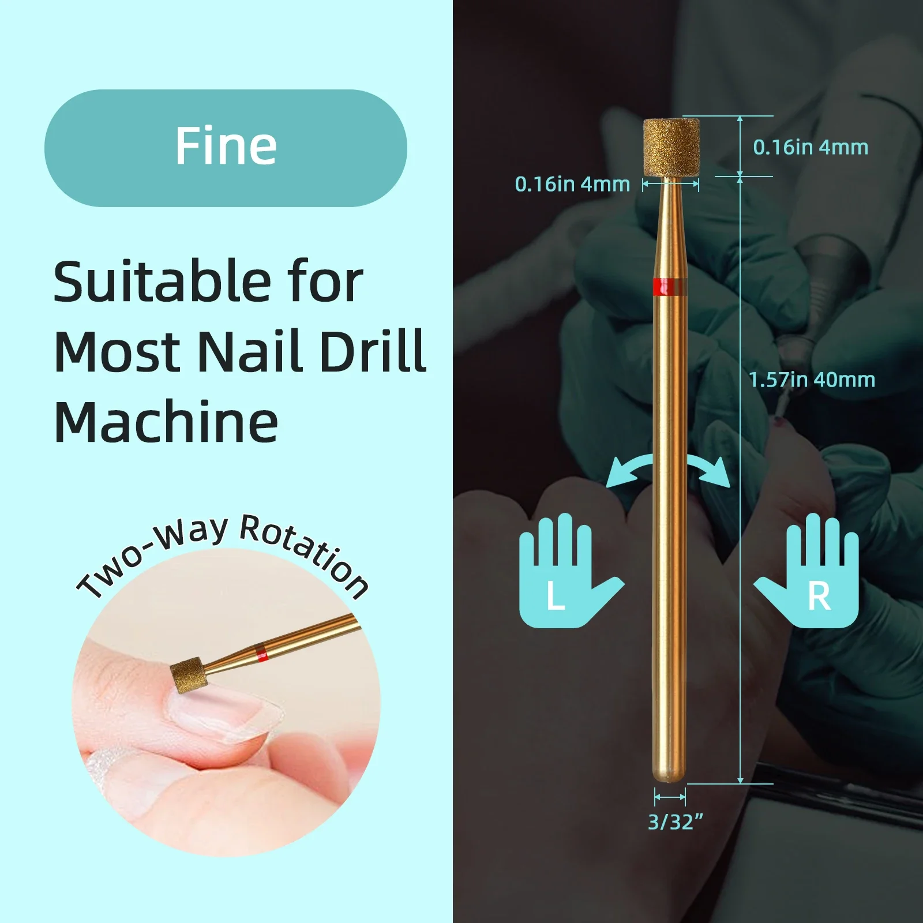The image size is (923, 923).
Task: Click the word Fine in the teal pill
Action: [226, 147]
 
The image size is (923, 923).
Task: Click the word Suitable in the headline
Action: [162, 282]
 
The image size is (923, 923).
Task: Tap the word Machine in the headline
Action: [166, 422]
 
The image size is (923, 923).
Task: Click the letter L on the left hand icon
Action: [556, 596]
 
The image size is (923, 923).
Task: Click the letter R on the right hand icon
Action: [819, 596]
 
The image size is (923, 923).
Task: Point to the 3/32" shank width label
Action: [675, 822]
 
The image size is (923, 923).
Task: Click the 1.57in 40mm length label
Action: [812, 380]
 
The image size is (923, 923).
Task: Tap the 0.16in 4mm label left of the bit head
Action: [572, 184]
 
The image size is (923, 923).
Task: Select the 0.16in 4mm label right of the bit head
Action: [811, 147]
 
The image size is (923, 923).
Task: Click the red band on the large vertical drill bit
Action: [670, 286]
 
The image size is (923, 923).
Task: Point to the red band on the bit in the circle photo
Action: [261, 653]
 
